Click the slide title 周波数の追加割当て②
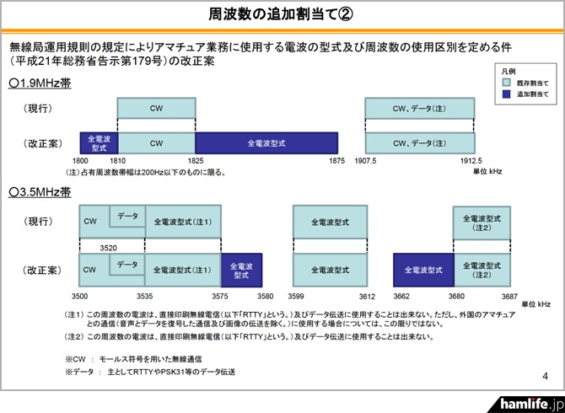[282, 14]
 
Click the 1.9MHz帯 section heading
[40, 83]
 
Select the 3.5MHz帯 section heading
[40, 191]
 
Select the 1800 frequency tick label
[81, 160]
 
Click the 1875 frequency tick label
[337, 160]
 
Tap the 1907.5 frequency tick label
[366, 160]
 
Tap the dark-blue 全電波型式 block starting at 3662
[422, 271]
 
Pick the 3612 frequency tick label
[363, 298]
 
